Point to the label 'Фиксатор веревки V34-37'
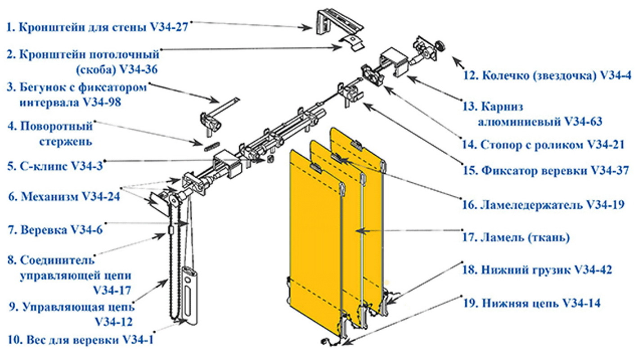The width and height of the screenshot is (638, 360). pos(546,171)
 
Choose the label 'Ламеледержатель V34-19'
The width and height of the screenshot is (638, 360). pos(544,205)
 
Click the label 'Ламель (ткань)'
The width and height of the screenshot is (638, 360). pos(517,238)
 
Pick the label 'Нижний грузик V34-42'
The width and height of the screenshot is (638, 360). pos(537,270)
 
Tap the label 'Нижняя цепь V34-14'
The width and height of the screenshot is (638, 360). pos(531,303)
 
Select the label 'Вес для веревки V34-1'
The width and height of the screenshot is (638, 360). pos(81,340)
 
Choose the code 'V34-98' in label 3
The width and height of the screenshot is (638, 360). pos(102,102)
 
